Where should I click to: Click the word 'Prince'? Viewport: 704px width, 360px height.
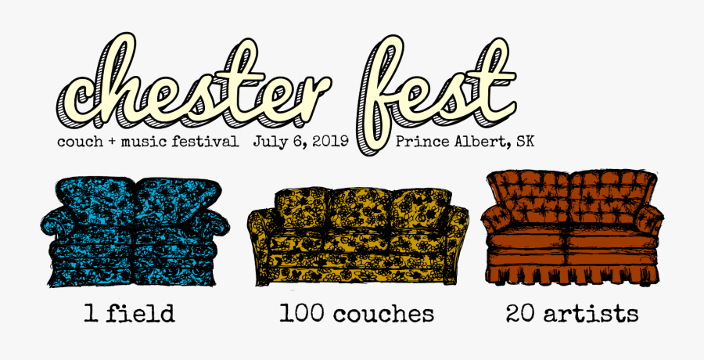pos(422,142)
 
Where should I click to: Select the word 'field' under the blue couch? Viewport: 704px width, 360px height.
pos(142,315)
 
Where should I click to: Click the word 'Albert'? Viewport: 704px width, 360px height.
pos(480,142)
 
